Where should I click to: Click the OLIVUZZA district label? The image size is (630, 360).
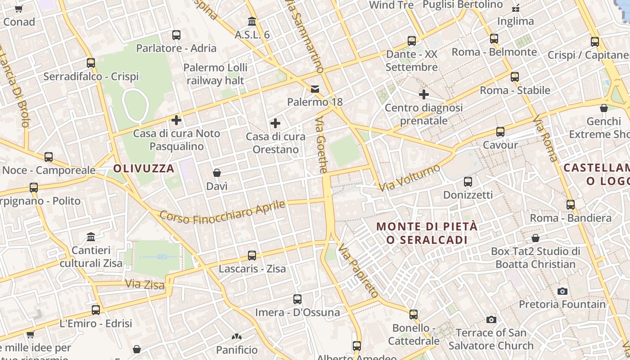click(144, 169)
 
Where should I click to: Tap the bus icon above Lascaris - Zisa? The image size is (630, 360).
click(252, 256)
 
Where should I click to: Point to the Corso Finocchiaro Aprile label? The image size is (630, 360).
click(223, 213)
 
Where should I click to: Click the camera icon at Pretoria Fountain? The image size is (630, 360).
click(562, 292)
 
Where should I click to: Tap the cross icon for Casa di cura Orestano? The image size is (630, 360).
click(275, 123)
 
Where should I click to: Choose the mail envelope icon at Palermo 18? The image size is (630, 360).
click(315, 89)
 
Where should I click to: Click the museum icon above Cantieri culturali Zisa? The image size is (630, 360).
click(91, 237)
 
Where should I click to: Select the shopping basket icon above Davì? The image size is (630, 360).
click(217, 173)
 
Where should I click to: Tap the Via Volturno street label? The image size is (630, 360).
click(409, 178)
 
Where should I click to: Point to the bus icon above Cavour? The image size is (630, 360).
click(500, 132)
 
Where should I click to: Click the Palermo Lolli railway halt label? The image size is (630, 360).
click(216, 74)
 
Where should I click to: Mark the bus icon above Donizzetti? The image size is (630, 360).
click(468, 182)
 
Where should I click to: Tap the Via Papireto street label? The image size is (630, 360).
click(358, 271)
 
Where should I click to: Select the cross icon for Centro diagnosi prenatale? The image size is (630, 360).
click(423, 94)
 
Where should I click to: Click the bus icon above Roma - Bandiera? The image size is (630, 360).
click(571, 205)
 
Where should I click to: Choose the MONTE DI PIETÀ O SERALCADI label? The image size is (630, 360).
click(427, 233)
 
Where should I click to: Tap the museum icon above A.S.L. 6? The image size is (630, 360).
click(252, 21)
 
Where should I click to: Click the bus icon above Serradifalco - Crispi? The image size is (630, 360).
click(91, 63)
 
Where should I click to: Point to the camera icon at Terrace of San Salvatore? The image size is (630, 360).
click(491, 320)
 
